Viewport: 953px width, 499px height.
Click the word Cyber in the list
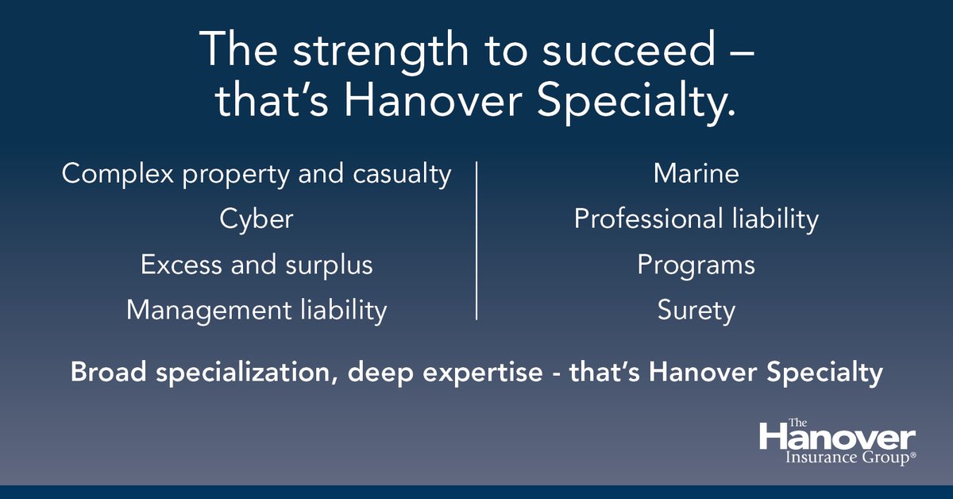click(257, 219)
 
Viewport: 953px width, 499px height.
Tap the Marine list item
click(696, 174)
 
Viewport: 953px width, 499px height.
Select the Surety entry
click(696, 311)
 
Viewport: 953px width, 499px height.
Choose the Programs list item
click(696, 265)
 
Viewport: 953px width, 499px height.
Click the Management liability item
click(257, 311)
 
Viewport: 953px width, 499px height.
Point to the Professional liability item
click(696, 219)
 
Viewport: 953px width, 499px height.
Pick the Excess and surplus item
click(257, 265)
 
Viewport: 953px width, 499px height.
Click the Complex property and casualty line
click(257, 174)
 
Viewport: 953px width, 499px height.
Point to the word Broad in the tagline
click(110, 373)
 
